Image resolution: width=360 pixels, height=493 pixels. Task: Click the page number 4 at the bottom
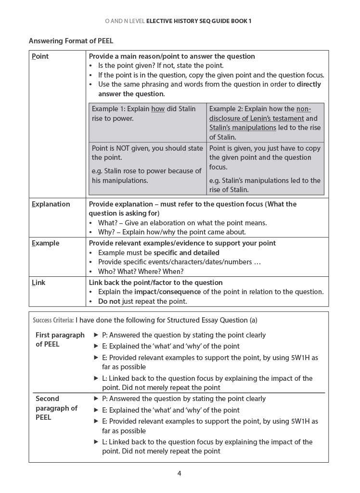click(179, 473)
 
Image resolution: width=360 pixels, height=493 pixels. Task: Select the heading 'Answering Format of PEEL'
click(71, 41)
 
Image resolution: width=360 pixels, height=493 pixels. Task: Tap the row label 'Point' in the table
click(40, 56)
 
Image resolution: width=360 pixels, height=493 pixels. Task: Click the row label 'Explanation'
click(51, 204)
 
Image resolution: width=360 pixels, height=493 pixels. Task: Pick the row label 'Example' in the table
click(45, 243)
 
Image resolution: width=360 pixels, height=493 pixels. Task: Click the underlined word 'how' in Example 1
click(158, 109)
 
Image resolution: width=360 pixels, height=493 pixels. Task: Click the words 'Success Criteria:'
click(53, 320)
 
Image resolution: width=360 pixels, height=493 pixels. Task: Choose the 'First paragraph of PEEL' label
click(60, 339)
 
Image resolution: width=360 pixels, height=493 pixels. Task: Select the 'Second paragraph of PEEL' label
click(56, 408)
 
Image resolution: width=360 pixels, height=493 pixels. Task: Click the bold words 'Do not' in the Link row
click(109, 301)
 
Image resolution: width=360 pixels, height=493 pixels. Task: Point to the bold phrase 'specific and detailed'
click(186, 253)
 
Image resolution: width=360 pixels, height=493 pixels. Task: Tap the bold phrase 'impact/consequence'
click(167, 292)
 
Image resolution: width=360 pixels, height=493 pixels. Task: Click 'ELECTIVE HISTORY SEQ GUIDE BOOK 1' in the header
click(199, 21)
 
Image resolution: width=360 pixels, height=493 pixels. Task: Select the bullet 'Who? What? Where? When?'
click(141, 272)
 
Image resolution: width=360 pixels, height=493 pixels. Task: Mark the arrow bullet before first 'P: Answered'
click(96, 335)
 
